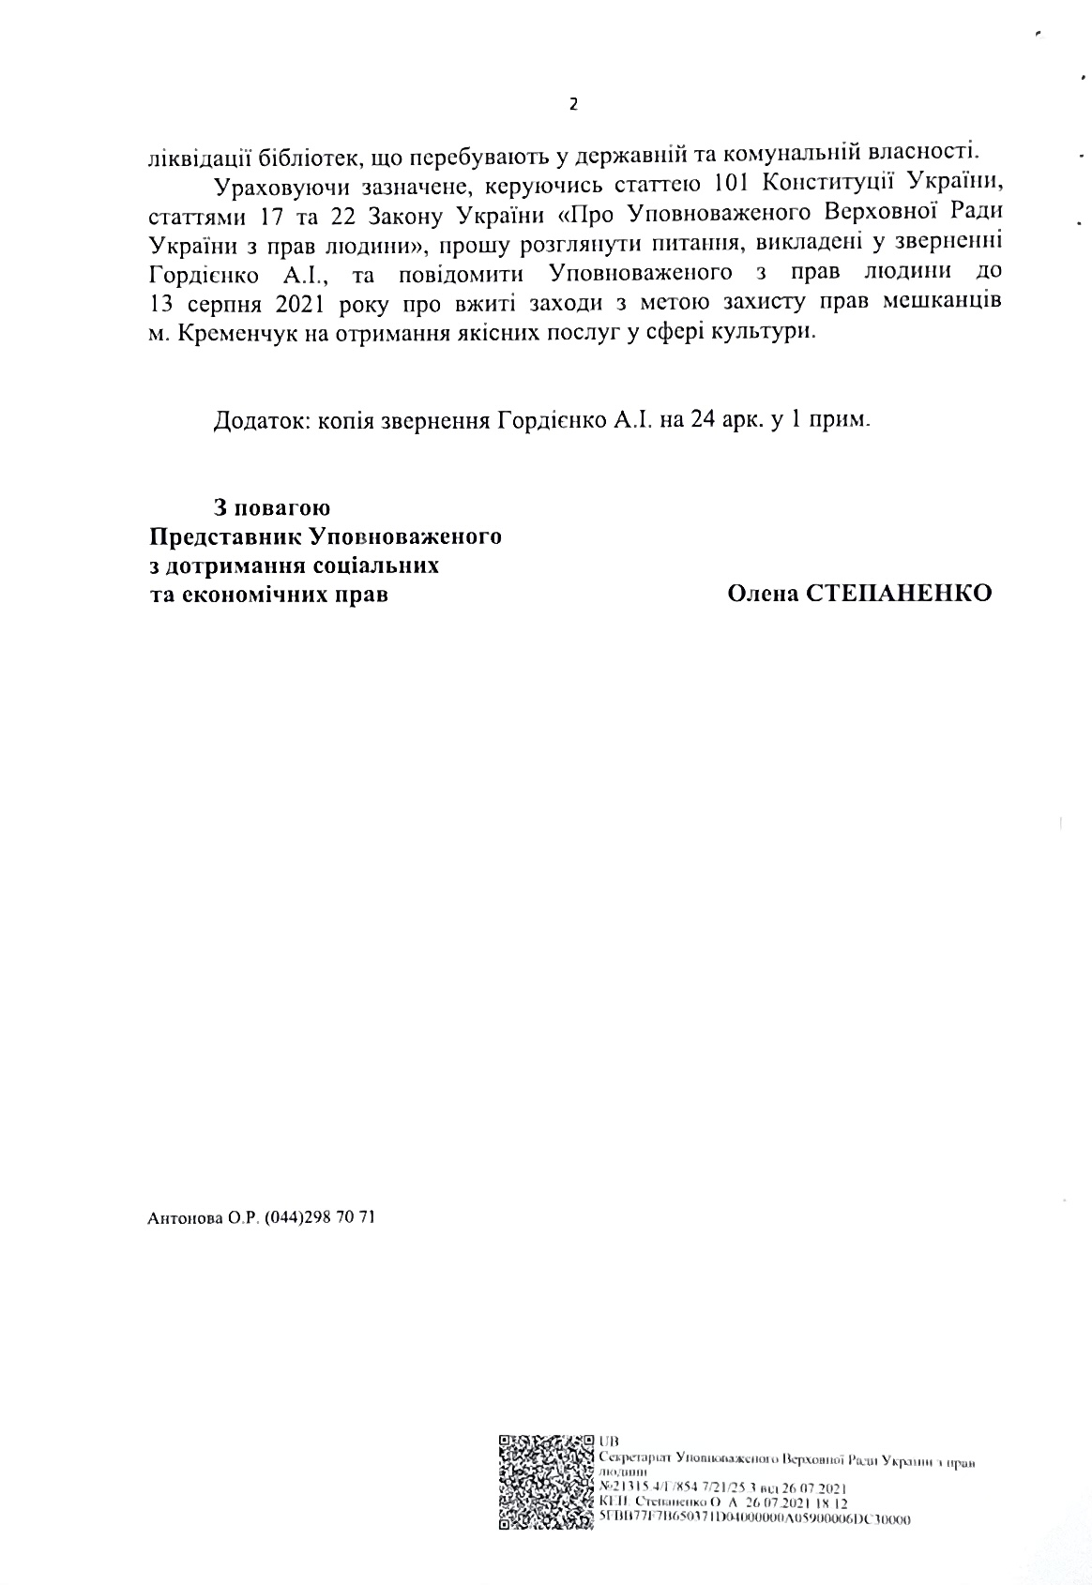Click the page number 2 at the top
click(x=574, y=105)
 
